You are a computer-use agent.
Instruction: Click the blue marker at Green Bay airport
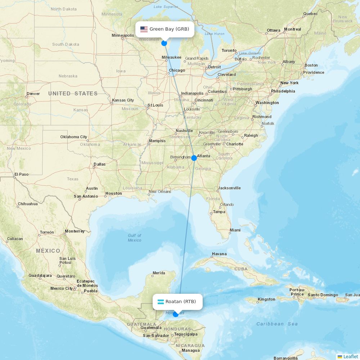[164, 43]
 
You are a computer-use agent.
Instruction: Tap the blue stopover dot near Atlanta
[194, 158]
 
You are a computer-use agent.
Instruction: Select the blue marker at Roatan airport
[175, 314]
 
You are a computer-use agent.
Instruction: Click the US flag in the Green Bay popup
[144, 29]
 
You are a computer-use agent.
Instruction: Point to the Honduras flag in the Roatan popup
[160, 302]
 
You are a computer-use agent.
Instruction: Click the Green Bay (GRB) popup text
[169, 29]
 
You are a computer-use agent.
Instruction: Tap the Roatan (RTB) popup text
[181, 302]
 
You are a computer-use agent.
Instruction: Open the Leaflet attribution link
[350, 356]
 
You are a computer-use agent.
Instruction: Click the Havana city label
[219, 254]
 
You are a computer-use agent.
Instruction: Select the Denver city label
[33, 94]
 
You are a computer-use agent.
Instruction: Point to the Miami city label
[235, 230]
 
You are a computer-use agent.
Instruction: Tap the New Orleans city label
[160, 192]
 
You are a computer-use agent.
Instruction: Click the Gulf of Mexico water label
[134, 238]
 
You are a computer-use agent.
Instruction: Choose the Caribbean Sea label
[277, 324]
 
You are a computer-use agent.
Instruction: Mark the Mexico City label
[62, 288]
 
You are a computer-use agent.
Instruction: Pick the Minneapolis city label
[123, 35]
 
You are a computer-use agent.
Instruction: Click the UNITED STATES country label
[73, 94]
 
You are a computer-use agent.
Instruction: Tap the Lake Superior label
[166, 6]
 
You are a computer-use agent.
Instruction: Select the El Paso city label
[21, 174]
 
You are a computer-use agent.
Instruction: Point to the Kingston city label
[266, 299]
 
